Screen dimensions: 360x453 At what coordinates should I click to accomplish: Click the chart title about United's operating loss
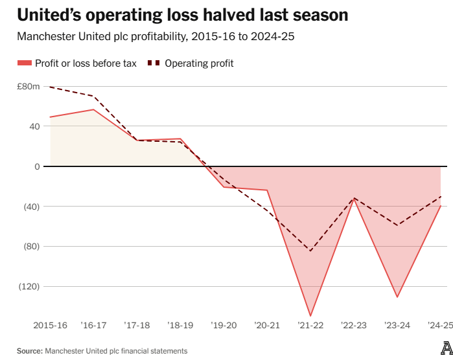click(174, 15)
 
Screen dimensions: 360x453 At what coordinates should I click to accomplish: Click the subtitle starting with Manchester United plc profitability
click(156, 37)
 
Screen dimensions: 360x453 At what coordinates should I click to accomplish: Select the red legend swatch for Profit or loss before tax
click(24, 63)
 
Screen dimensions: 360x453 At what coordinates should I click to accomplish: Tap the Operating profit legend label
click(199, 63)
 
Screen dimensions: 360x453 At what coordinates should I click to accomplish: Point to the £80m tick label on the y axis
click(29, 86)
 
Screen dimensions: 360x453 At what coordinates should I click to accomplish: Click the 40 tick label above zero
click(34, 126)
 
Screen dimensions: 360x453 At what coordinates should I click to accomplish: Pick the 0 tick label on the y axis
click(37, 166)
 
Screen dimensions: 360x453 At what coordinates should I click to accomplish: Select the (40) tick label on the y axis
click(31, 207)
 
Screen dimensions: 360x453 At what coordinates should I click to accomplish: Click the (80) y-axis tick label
click(31, 247)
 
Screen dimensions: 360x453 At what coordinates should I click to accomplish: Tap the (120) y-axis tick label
click(29, 286)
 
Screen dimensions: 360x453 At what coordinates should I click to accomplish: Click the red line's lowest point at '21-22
click(310, 315)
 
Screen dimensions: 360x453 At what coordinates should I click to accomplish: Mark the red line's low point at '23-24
click(397, 297)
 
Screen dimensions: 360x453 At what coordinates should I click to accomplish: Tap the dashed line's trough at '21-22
click(310, 251)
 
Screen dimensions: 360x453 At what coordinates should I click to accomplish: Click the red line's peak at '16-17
click(93, 109)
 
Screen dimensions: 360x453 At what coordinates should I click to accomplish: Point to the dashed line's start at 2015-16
click(50, 87)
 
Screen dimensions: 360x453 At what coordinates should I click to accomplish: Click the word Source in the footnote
click(29, 350)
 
